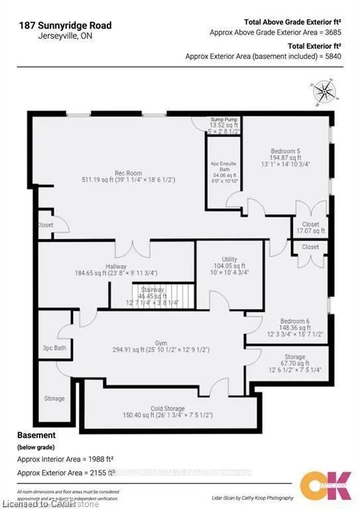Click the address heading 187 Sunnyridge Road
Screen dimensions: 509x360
tap(65, 26)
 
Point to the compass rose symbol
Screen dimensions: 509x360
tap(323, 91)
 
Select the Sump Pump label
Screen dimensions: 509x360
tap(223, 119)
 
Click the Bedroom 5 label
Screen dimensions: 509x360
tap(286, 150)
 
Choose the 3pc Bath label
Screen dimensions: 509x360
tap(52, 347)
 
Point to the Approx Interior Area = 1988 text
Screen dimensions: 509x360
tap(63, 459)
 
